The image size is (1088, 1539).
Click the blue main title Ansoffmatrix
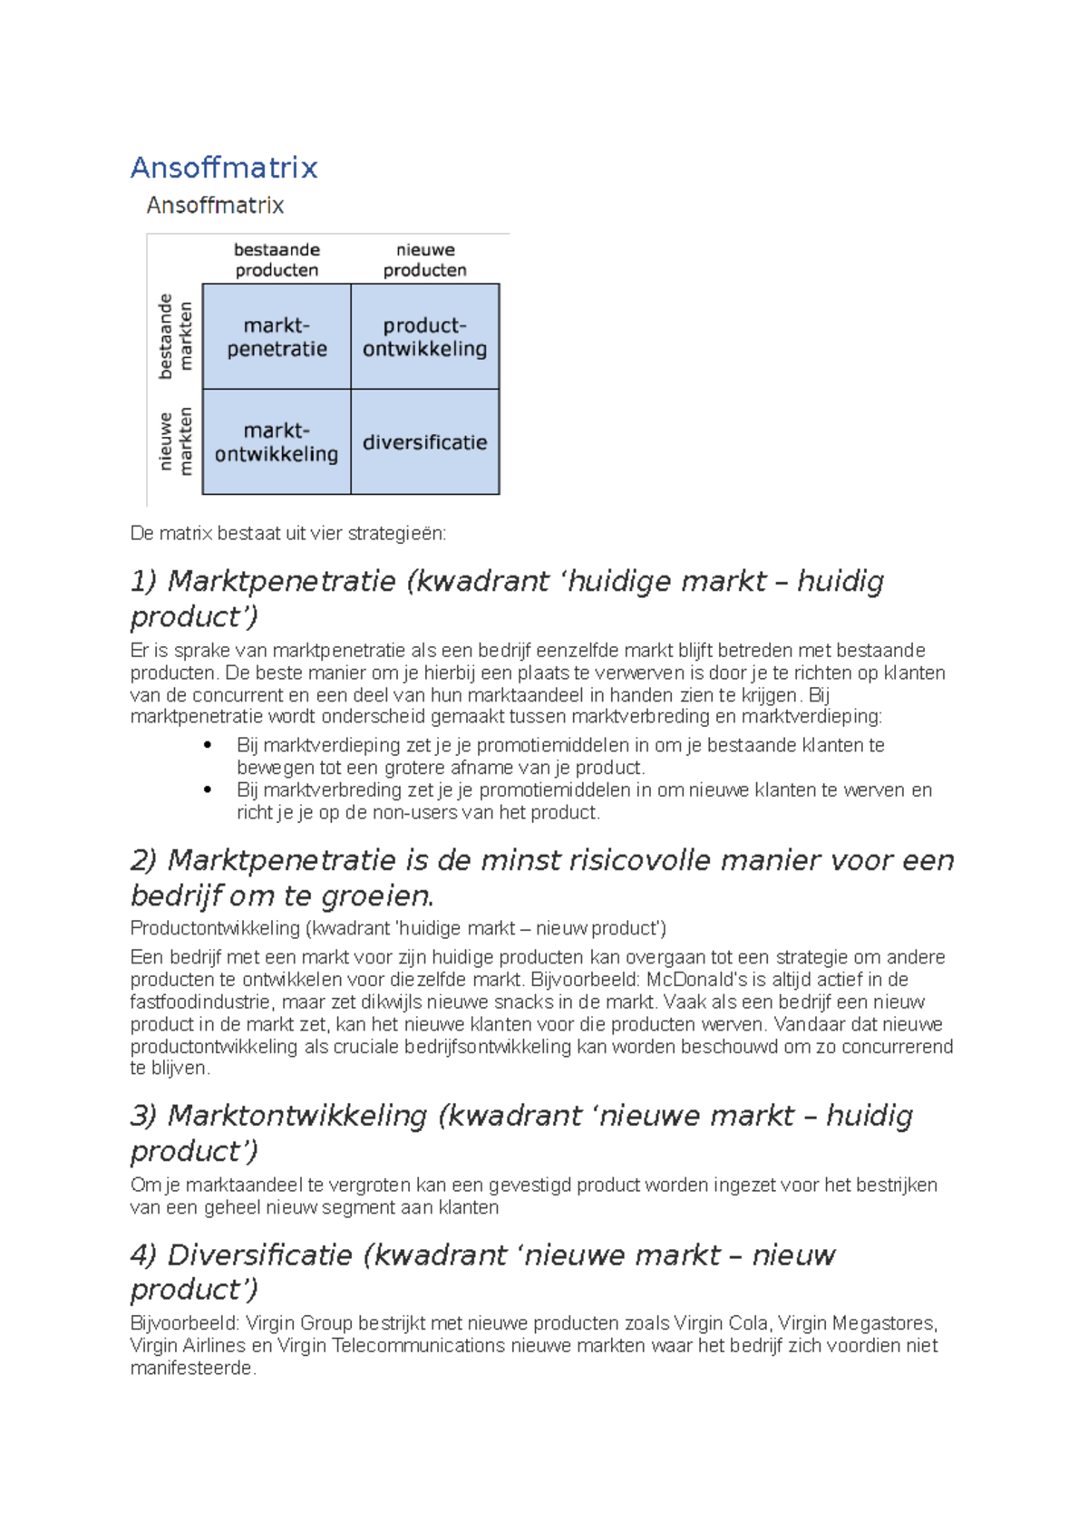224,168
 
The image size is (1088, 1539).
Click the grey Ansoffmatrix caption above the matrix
215,206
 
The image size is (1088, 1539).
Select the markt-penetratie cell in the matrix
277,337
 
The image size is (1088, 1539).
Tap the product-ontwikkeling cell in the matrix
425,337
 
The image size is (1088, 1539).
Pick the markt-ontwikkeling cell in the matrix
277,442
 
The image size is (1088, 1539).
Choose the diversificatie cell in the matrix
425,442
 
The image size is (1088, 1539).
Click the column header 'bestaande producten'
277,260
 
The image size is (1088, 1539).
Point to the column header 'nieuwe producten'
425,260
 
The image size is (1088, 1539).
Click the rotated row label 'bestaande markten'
176,336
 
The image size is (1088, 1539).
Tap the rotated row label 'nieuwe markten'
176,441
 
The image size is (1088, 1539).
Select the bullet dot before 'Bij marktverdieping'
208,745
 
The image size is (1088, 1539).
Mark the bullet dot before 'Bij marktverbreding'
208,790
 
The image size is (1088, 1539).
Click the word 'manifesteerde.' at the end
193,1369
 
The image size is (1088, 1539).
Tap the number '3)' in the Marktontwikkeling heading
143,1117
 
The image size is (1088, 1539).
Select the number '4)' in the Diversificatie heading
143,1256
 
